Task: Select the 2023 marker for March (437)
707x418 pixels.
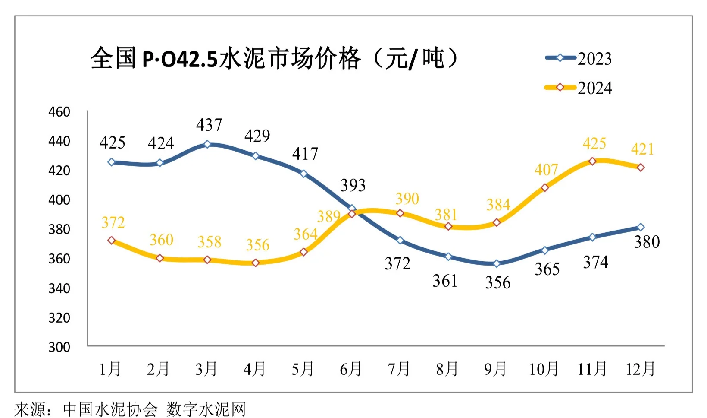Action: tap(207, 144)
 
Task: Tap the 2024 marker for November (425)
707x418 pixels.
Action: tap(592, 161)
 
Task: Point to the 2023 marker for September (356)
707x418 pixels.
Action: tap(496, 263)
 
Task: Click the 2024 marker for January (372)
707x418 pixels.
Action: tap(112, 240)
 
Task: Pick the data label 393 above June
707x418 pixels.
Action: tap(353, 186)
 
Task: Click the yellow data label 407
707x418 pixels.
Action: tap(546, 170)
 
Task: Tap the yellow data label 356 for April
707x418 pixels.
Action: tap(257, 245)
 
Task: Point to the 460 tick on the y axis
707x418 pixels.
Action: tap(59, 112)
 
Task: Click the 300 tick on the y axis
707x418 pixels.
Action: tap(59, 347)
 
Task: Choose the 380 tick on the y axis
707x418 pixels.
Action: tap(59, 229)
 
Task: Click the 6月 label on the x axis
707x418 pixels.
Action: tap(350, 369)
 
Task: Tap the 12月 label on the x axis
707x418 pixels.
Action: tap(640, 369)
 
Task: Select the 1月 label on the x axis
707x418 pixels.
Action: tap(110, 369)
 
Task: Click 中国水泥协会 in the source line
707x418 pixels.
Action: tap(110, 409)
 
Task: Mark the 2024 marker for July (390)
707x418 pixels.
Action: tap(400, 213)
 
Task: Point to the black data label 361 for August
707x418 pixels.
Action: tap(445, 281)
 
